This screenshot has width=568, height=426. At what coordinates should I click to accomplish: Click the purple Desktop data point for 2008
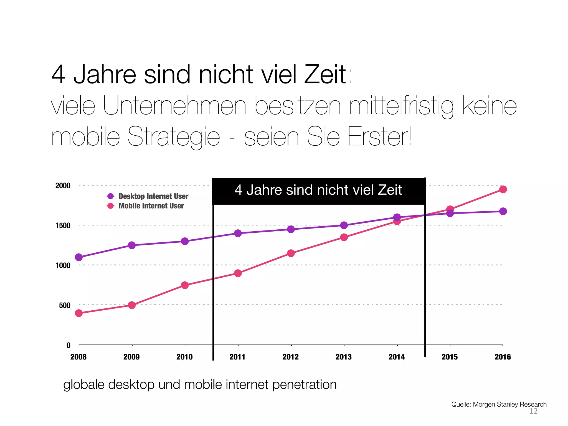tap(79, 257)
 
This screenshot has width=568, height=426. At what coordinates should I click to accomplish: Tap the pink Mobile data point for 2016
tap(503, 189)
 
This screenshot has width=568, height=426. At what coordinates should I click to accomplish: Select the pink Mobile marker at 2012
tap(291, 253)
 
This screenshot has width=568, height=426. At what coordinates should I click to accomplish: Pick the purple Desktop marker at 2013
tap(344, 225)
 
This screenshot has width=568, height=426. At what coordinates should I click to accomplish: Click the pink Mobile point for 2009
tap(132, 305)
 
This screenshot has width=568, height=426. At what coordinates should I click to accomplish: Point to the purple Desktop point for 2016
tap(503, 211)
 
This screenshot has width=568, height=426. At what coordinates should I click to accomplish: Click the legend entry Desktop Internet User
tap(153, 196)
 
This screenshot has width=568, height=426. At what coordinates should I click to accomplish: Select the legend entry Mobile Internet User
tap(151, 206)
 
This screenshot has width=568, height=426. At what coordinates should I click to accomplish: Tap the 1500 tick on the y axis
tap(63, 225)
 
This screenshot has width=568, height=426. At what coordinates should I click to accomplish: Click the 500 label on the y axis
tap(65, 305)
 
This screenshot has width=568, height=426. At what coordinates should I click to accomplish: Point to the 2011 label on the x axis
tap(237, 357)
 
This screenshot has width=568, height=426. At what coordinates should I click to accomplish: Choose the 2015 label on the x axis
tap(450, 357)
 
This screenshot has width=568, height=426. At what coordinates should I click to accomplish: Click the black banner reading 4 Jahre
tap(318, 191)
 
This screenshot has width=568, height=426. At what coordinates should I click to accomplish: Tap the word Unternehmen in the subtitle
tap(174, 106)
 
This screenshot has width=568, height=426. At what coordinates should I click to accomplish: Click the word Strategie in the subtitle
tap(174, 137)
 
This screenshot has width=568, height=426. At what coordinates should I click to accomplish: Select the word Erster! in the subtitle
tap(379, 137)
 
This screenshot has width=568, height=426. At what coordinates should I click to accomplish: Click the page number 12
tap(533, 411)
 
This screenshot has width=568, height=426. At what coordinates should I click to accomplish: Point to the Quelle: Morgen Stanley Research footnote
tap(499, 404)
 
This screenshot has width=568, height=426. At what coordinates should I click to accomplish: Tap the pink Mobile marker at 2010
tap(185, 285)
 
